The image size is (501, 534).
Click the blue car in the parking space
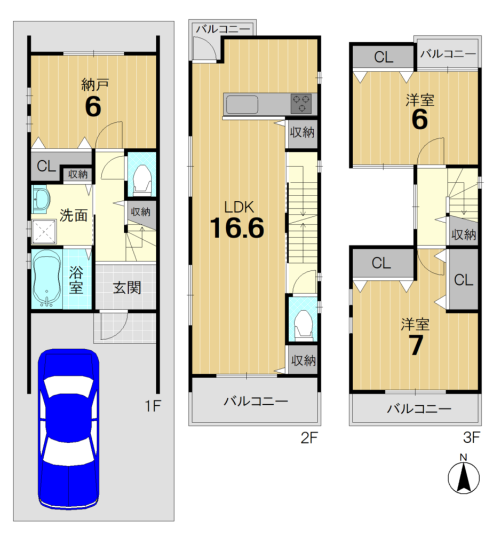[x=68, y=429]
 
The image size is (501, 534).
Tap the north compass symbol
[x=464, y=475]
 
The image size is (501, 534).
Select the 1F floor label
[x=153, y=406]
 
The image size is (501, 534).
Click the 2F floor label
[x=309, y=438]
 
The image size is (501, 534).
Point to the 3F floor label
[x=472, y=437]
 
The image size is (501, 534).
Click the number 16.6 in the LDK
[x=237, y=227]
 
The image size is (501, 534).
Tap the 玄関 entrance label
[x=127, y=288]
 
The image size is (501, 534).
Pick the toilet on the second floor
[x=303, y=325]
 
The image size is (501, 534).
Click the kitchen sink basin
[x=242, y=104]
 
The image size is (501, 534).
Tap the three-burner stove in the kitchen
[x=301, y=104]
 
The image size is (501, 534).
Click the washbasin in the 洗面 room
[x=41, y=200]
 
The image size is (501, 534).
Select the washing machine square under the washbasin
[x=44, y=232]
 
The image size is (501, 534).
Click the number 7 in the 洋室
[x=416, y=345]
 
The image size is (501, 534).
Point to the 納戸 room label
[x=95, y=84]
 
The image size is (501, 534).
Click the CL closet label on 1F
[x=46, y=166]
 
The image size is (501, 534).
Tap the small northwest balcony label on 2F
[x=223, y=29]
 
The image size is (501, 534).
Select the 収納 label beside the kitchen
[x=302, y=132]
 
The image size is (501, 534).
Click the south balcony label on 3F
[x=419, y=409]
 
